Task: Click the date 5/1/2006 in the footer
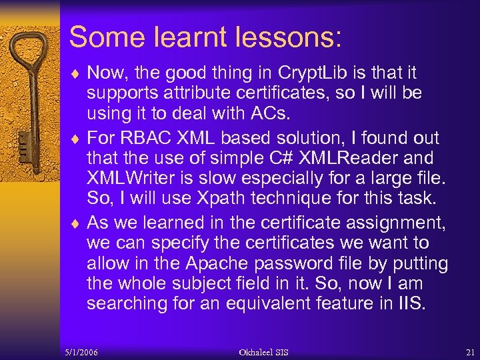point(82,351)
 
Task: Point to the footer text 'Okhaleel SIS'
point(264,351)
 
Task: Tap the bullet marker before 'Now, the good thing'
point(74,74)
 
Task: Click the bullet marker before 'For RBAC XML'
point(74,139)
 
